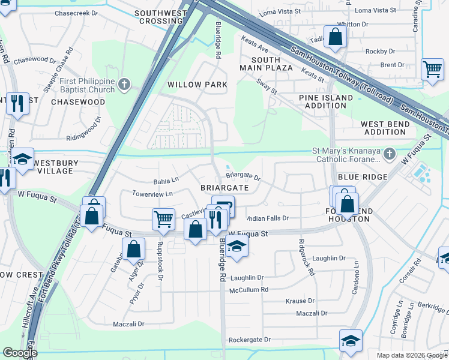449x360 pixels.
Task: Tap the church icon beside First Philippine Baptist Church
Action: (125, 84)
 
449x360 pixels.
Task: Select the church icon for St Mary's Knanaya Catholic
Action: (390, 155)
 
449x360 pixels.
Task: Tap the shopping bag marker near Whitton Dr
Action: (336, 37)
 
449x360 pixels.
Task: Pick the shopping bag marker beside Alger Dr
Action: (133, 248)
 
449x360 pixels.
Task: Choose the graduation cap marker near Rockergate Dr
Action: (350, 341)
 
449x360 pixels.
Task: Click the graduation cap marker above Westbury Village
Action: (22, 159)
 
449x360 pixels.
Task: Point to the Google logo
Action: (20, 353)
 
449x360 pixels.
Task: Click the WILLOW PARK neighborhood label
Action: (197, 85)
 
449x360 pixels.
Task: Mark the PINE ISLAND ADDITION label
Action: (326, 101)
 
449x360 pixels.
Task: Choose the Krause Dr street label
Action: (300, 301)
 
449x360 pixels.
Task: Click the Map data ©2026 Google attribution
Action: (411, 355)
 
